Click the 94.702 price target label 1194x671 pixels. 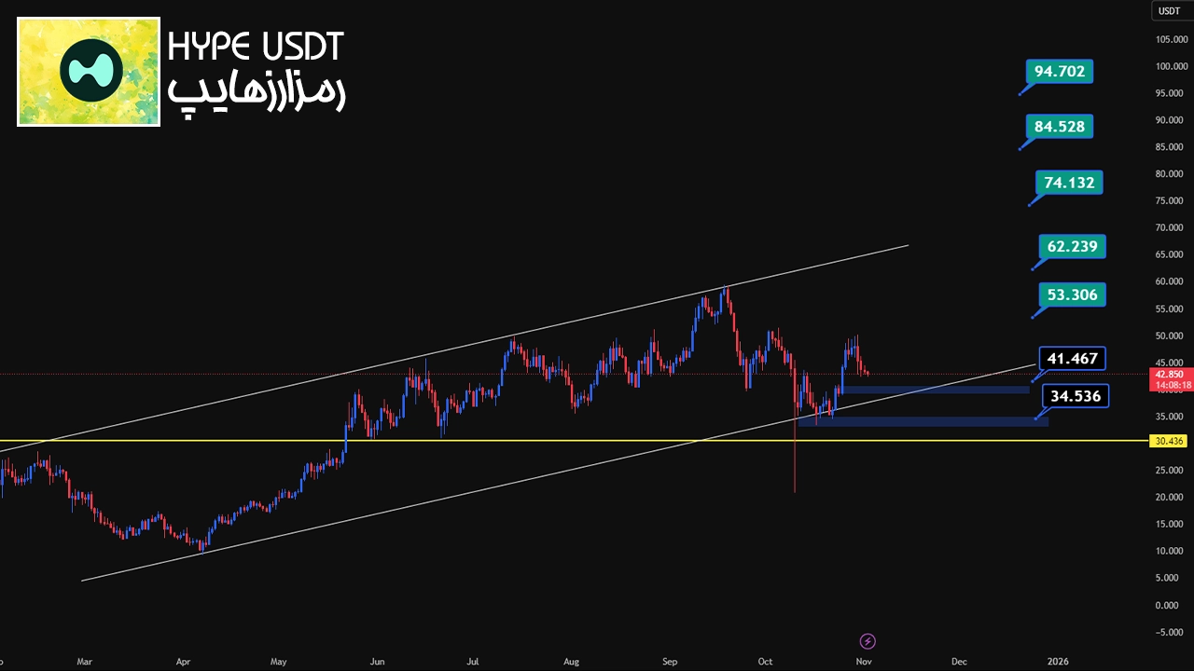pyautogui.click(x=1059, y=71)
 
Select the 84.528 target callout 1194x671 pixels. pyautogui.click(x=1059, y=126)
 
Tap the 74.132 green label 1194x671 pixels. pyautogui.click(x=1069, y=183)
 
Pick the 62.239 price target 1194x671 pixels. pyautogui.click(x=1072, y=246)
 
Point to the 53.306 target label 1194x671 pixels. pyautogui.click(x=1072, y=294)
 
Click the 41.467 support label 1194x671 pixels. pyautogui.click(x=1072, y=358)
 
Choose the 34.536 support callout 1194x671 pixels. pyautogui.click(x=1075, y=396)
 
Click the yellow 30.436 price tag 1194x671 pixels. pyautogui.click(x=1168, y=441)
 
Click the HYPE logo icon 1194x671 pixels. pyautogui.click(x=89, y=72)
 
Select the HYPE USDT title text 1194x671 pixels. pyautogui.click(x=256, y=47)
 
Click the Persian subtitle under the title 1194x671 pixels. pyautogui.click(x=256, y=92)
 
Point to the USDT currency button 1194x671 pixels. pyautogui.click(x=1169, y=11)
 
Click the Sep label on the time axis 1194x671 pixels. pyautogui.click(x=670, y=662)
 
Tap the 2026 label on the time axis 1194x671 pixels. pyautogui.click(x=1058, y=662)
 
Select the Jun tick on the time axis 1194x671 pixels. pyautogui.click(x=377, y=662)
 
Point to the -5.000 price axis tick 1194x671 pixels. pyautogui.click(x=1168, y=632)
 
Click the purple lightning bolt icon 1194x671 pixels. pyautogui.click(x=868, y=641)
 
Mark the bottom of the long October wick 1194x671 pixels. pyautogui.click(x=795, y=491)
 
